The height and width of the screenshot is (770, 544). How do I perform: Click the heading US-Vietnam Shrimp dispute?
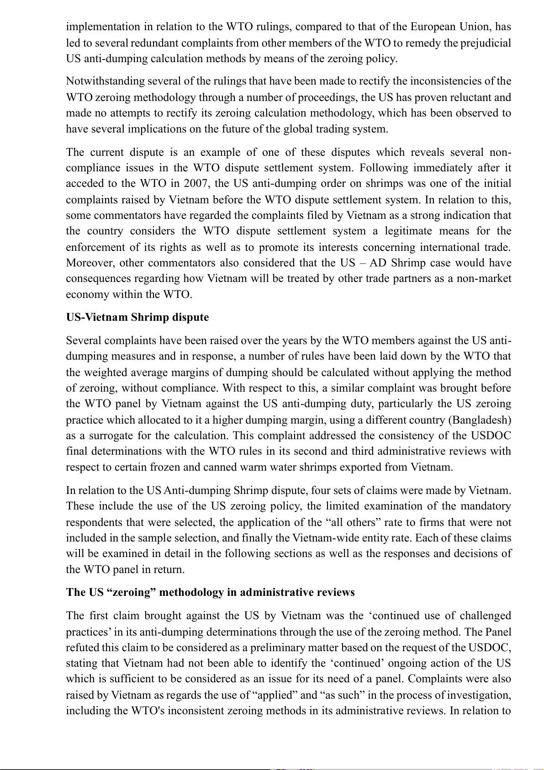pyautogui.click(x=137, y=317)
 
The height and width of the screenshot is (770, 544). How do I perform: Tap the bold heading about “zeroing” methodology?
pyautogui.click(x=210, y=592)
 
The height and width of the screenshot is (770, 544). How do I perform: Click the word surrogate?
pyautogui.click(x=112, y=435)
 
